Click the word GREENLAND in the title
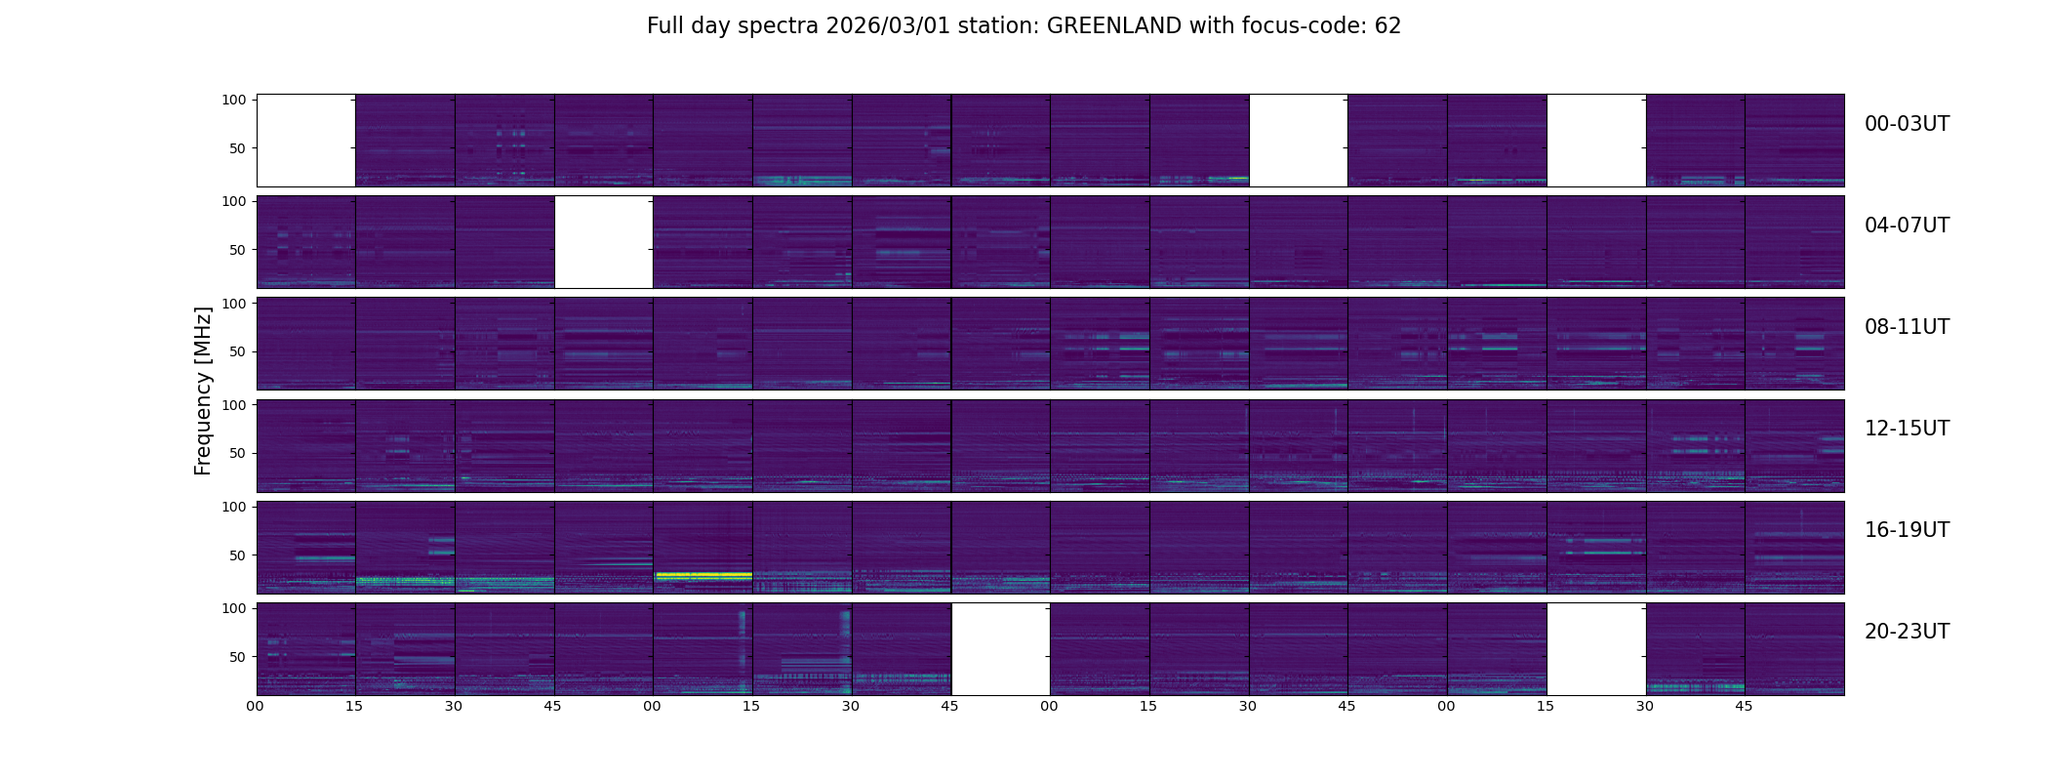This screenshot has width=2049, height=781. click(x=1114, y=26)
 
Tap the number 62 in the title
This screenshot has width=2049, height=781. click(x=1387, y=26)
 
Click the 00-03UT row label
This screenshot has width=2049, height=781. click(x=1907, y=124)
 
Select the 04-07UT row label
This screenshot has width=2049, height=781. click(x=1907, y=226)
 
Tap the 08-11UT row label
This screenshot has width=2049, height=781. click(x=1907, y=327)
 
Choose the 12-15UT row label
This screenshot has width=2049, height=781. click(x=1907, y=429)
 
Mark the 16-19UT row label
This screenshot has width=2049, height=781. click(x=1907, y=530)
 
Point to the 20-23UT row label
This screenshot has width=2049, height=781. click(x=1907, y=632)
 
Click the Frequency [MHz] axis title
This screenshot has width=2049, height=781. click(x=203, y=390)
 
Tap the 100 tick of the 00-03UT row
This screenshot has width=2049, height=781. click(x=234, y=100)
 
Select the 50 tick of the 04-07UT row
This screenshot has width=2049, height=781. click(x=238, y=250)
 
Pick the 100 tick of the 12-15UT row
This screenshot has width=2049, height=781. click(x=234, y=404)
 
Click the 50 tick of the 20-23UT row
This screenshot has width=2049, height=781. click(x=238, y=657)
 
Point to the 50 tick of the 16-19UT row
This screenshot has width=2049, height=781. click(x=238, y=555)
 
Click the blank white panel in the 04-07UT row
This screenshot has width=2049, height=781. click(x=604, y=242)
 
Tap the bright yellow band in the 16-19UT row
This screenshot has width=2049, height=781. click(x=703, y=576)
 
